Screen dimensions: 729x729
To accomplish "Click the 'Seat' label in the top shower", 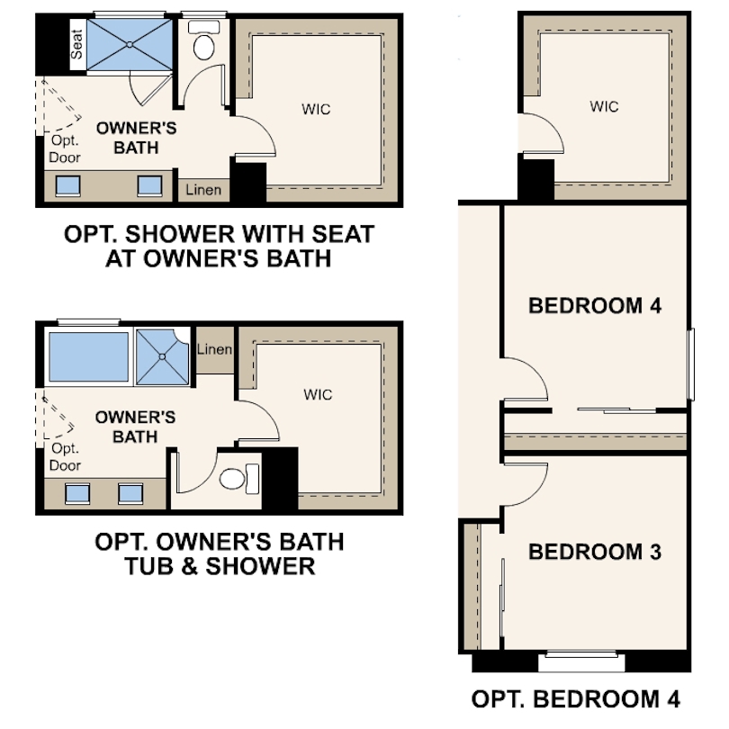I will [76, 43].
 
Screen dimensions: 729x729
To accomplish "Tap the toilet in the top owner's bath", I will [203, 43].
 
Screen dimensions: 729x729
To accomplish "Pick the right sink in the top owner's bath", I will [148, 184].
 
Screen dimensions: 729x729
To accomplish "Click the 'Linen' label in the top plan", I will [203, 191].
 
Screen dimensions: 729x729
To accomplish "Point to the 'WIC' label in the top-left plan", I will [316, 110].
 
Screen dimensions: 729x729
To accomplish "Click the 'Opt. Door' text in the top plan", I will [65, 149].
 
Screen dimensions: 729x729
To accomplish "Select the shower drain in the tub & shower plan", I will [163, 355].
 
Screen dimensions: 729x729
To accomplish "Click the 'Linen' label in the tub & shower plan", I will [214, 349].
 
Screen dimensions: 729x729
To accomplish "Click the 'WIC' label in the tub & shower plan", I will [318, 394].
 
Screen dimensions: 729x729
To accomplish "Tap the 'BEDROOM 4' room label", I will [595, 305].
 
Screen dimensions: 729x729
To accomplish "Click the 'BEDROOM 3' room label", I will [594, 552].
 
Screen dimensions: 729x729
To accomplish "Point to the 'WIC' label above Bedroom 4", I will [604, 106].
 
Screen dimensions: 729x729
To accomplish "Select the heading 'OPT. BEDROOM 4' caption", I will [576, 698].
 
